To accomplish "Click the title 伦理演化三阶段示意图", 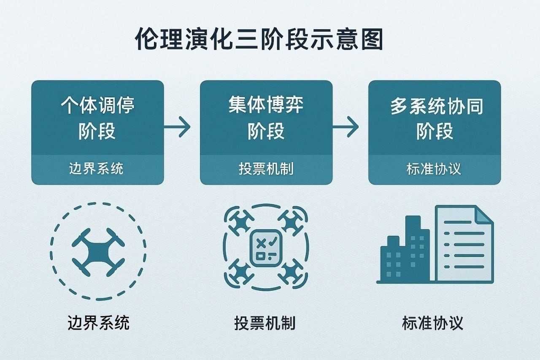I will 259,40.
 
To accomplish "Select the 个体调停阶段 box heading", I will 97,117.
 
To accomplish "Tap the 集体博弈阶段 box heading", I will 266,117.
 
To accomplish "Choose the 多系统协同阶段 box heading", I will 435,117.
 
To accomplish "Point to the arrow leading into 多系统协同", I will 346,127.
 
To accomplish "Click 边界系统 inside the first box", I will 96,169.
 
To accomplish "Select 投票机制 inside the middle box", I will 266,169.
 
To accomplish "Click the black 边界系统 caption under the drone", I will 98,323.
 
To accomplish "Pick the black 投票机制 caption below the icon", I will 265,323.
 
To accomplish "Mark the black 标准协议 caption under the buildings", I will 433,323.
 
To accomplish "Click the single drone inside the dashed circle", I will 98,252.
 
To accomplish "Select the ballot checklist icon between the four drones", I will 266,248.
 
